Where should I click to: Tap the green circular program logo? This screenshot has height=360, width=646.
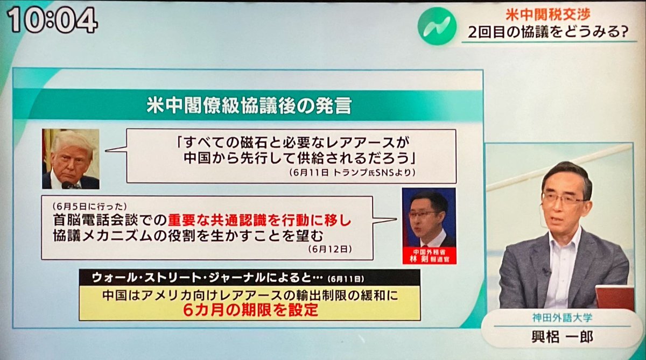(437, 26)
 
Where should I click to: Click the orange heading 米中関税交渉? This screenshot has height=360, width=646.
(548, 15)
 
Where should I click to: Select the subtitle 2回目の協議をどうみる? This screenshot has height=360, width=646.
(548, 32)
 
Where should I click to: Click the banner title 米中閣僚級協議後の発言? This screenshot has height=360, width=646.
(249, 106)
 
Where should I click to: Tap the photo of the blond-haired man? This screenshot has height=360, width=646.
(71, 159)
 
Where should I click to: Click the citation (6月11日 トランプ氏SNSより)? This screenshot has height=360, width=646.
(353, 172)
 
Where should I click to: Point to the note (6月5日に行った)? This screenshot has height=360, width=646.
(90, 206)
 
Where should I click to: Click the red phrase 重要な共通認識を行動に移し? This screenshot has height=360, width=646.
(259, 221)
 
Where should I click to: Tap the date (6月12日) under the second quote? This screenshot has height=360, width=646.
(330, 249)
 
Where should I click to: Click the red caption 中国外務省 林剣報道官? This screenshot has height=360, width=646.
(429, 256)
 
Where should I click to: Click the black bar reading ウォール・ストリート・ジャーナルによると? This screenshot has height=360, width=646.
(249, 278)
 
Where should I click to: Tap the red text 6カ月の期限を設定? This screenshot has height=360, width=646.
(250, 310)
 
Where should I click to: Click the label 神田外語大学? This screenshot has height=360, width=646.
(562, 318)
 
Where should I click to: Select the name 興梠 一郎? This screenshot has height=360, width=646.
(562, 337)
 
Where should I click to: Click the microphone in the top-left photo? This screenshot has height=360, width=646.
(69, 185)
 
